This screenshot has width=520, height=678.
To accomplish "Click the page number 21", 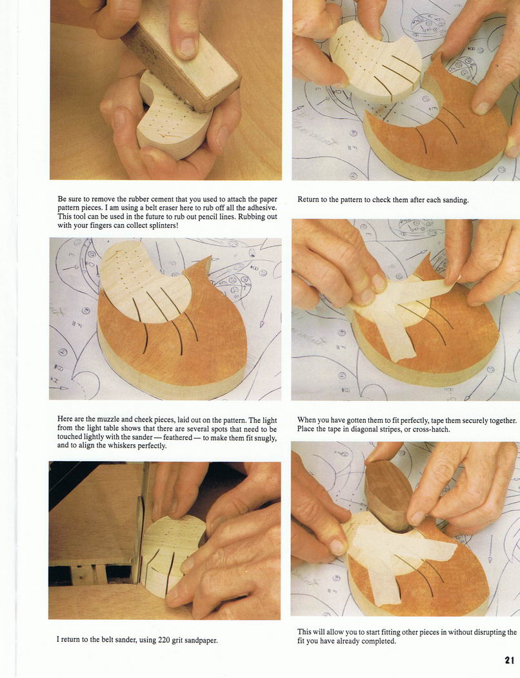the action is (509, 661).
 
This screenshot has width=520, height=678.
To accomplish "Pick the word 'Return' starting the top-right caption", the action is (308, 200).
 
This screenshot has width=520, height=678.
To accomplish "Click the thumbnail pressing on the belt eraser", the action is (188, 46).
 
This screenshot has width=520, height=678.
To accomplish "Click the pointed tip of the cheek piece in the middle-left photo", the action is (211, 258).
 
